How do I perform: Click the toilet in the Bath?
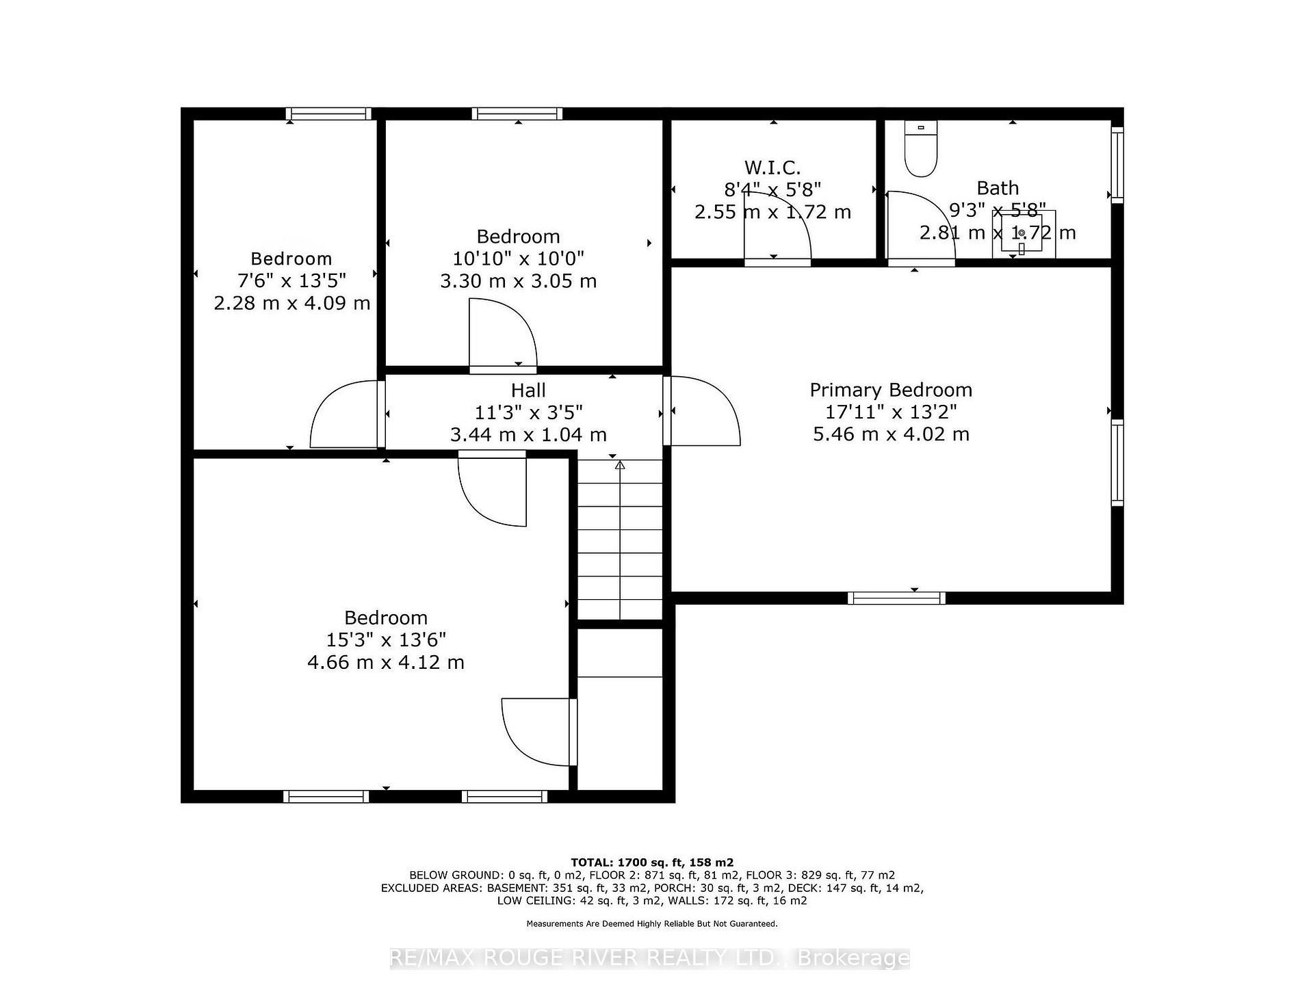[x=920, y=149]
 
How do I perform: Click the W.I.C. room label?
[x=772, y=167]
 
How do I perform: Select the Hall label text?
[x=528, y=391]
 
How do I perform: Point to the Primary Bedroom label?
[x=891, y=390]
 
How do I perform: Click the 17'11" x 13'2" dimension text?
[x=891, y=412]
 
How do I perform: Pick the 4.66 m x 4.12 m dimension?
[x=386, y=662]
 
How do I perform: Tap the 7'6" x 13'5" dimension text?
[x=292, y=280]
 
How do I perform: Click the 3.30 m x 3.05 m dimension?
[x=518, y=280]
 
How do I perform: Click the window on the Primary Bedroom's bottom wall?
[x=896, y=598]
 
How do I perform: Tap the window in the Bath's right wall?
[x=1117, y=164]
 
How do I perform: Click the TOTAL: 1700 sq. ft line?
[x=652, y=862]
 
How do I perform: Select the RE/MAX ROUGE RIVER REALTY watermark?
[x=650, y=958]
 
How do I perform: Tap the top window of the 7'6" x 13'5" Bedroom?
[x=328, y=114]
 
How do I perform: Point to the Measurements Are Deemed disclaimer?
[x=652, y=924]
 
